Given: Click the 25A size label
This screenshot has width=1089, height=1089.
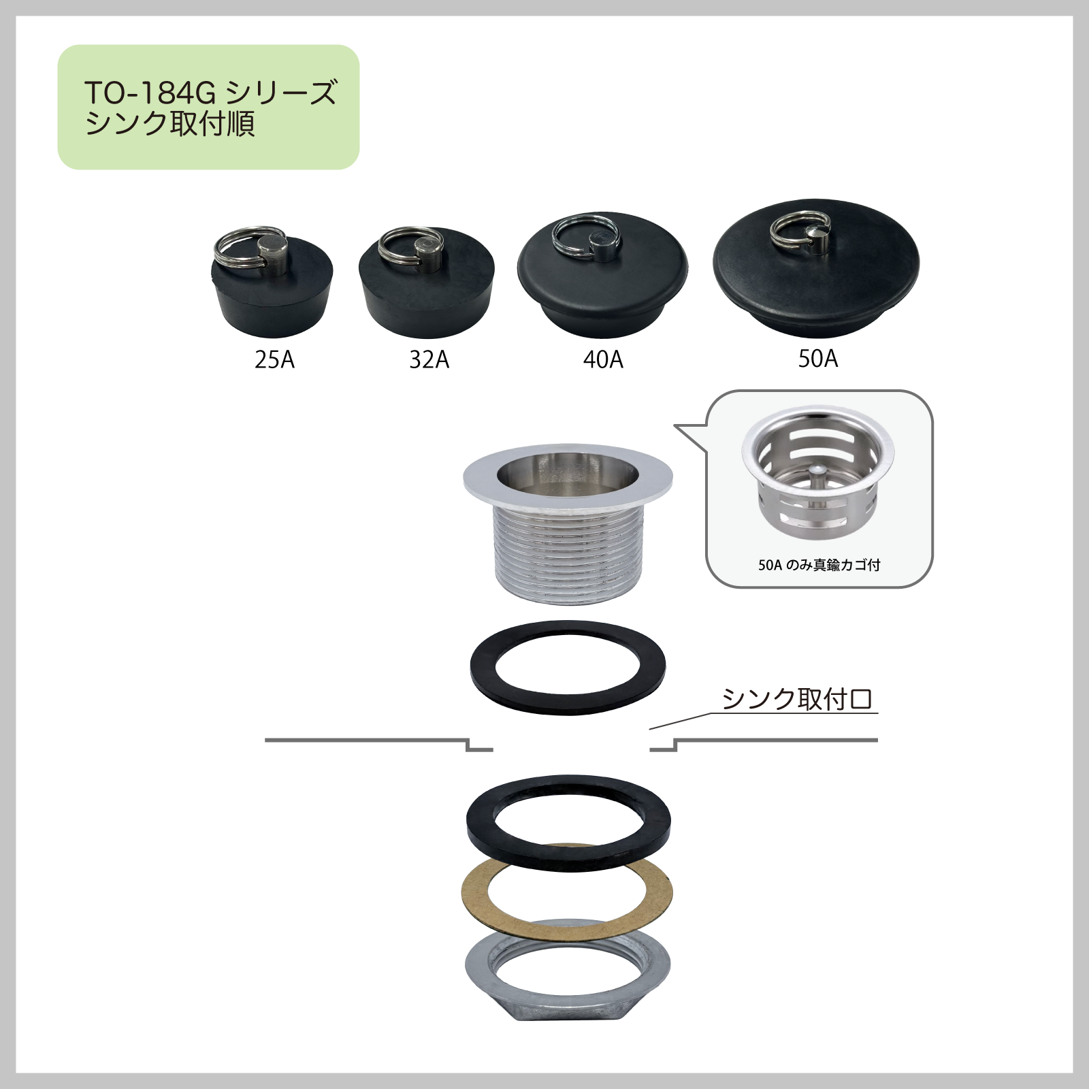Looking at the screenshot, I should coord(275,359).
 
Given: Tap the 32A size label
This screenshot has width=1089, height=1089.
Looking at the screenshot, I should coord(429,359).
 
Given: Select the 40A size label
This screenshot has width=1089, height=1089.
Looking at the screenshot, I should coord(603,359).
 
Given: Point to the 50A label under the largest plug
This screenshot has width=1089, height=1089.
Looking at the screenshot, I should coord(818,359).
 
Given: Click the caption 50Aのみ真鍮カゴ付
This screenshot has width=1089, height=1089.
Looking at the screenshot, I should coord(819,565).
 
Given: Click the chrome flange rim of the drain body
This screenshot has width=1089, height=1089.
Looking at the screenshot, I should coord(480,476).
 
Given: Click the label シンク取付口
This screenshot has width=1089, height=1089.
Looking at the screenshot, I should coord(796,699).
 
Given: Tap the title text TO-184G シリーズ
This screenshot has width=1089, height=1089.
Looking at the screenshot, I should coord(210,93).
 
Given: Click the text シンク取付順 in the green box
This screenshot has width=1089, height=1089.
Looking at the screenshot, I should coord(170,124).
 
